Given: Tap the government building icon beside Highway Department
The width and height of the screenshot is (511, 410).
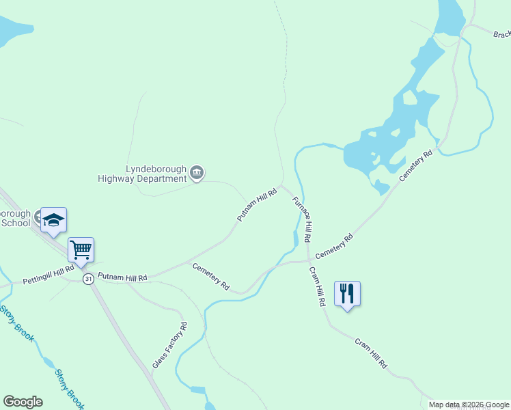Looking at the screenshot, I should pyautogui.click(x=197, y=172).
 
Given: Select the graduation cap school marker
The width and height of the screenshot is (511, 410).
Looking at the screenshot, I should pyautogui.click(x=53, y=220).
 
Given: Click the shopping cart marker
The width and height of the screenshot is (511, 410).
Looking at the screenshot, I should pyautogui.click(x=81, y=250).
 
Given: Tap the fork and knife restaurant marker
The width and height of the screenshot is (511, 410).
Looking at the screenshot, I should pyautogui.click(x=347, y=294).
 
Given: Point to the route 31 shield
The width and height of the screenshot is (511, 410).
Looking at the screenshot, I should pyautogui.click(x=88, y=279).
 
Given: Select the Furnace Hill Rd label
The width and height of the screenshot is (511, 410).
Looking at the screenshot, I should pyautogui.click(x=302, y=220).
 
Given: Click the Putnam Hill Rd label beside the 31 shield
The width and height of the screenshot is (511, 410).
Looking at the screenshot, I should pyautogui.click(x=122, y=277).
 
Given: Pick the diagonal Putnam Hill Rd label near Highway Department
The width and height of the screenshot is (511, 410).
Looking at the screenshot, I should pyautogui.click(x=257, y=205).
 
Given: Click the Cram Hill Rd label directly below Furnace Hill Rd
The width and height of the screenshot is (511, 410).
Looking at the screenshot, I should pyautogui.click(x=316, y=285).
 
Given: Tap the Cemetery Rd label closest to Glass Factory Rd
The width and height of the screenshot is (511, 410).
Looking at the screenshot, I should pyautogui.click(x=210, y=275).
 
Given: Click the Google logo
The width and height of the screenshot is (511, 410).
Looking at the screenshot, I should pyautogui.click(x=23, y=402).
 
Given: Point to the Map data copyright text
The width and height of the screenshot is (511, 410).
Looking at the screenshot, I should pyautogui.click(x=469, y=405).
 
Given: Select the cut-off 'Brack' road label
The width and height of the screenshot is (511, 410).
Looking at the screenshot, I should pyautogui.click(x=501, y=34).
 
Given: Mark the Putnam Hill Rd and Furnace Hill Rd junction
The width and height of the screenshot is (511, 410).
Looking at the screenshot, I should pyautogui.click(x=281, y=185).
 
